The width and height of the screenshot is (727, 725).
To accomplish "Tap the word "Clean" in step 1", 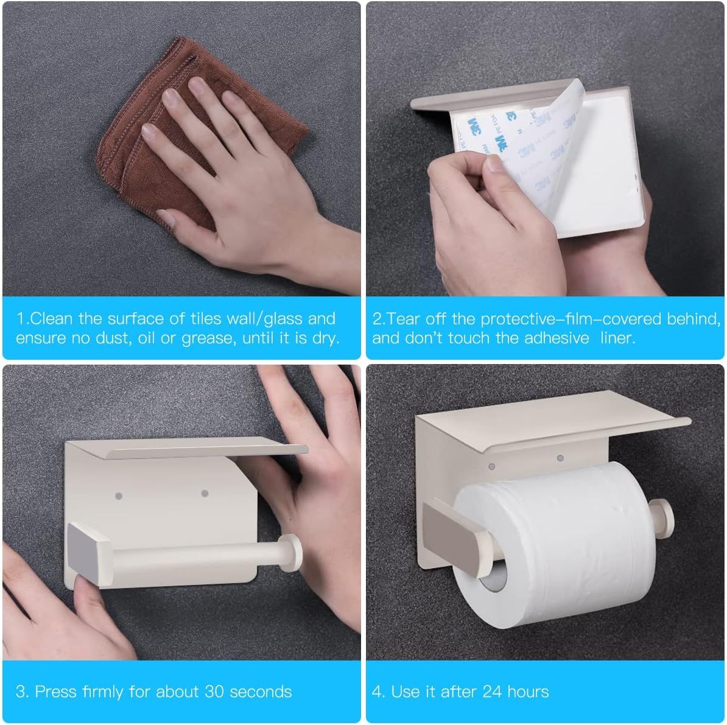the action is point(52,318).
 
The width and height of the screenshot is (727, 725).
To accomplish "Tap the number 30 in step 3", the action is point(215,692).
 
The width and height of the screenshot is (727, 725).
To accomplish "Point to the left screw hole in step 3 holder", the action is point(119,496).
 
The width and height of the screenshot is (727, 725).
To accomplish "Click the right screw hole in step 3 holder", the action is point(205,493).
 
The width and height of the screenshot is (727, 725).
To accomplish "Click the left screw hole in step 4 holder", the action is point(492,466).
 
